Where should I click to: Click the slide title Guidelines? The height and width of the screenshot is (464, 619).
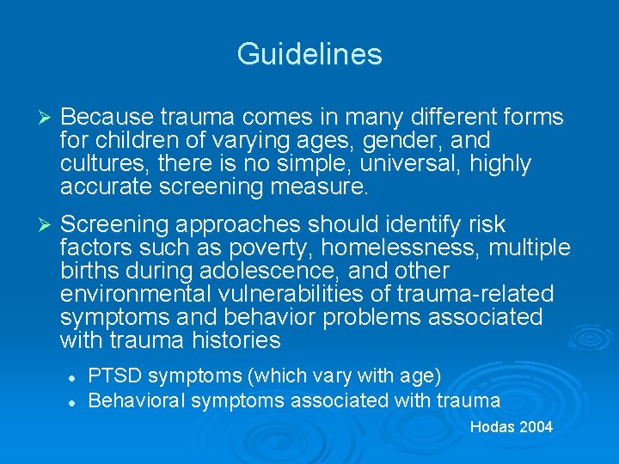309,54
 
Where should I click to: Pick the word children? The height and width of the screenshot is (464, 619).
133,140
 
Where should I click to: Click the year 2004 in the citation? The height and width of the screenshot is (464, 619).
536,427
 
